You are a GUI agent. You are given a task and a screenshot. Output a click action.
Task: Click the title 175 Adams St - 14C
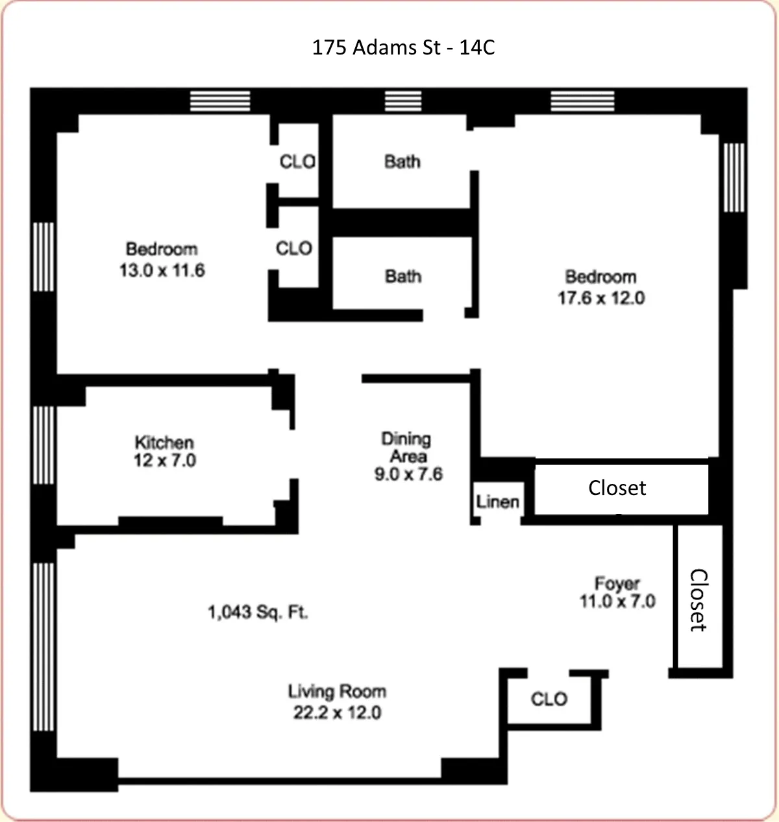pyautogui.click(x=403, y=47)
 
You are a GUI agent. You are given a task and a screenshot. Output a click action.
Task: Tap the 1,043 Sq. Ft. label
pyautogui.click(x=258, y=612)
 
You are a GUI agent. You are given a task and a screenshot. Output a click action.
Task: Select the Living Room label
pyautogui.click(x=337, y=692)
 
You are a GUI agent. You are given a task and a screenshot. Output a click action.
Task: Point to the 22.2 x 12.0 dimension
pyautogui.click(x=337, y=712)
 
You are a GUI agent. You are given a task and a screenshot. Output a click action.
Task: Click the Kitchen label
pyautogui.click(x=164, y=442)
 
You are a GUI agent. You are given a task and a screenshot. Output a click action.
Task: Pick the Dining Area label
pyautogui.click(x=406, y=447)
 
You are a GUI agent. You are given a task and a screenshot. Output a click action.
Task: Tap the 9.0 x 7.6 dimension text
pyautogui.click(x=408, y=474)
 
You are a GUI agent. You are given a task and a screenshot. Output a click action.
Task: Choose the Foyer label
pyautogui.click(x=617, y=583)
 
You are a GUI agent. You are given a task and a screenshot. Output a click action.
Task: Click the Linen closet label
pyautogui.click(x=497, y=502)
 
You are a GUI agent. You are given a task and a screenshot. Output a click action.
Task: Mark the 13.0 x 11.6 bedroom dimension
pyautogui.click(x=162, y=270)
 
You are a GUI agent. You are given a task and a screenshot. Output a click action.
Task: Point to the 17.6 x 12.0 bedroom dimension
pyautogui.click(x=601, y=298)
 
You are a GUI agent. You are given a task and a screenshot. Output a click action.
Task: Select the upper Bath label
pyautogui.click(x=402, y=161)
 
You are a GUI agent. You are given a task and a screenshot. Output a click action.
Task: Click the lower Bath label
pyautogui.click(x=403, y=276)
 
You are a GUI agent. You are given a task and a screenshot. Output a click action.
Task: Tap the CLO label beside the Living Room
pyautogui.click(x=549, y=699)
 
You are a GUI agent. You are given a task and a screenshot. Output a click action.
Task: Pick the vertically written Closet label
pyautogui.click(x=698, y=600)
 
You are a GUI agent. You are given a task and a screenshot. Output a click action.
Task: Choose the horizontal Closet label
pyautogui.click(x=617, y=488)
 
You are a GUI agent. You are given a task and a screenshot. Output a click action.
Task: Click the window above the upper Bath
pyautogui.click(x=403, y=101)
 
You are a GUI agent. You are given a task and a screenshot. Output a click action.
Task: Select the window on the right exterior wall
pyautogui.click(x=734, y=177)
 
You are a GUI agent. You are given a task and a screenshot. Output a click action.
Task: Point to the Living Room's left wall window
pyautogui.click(x=43, y=646)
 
